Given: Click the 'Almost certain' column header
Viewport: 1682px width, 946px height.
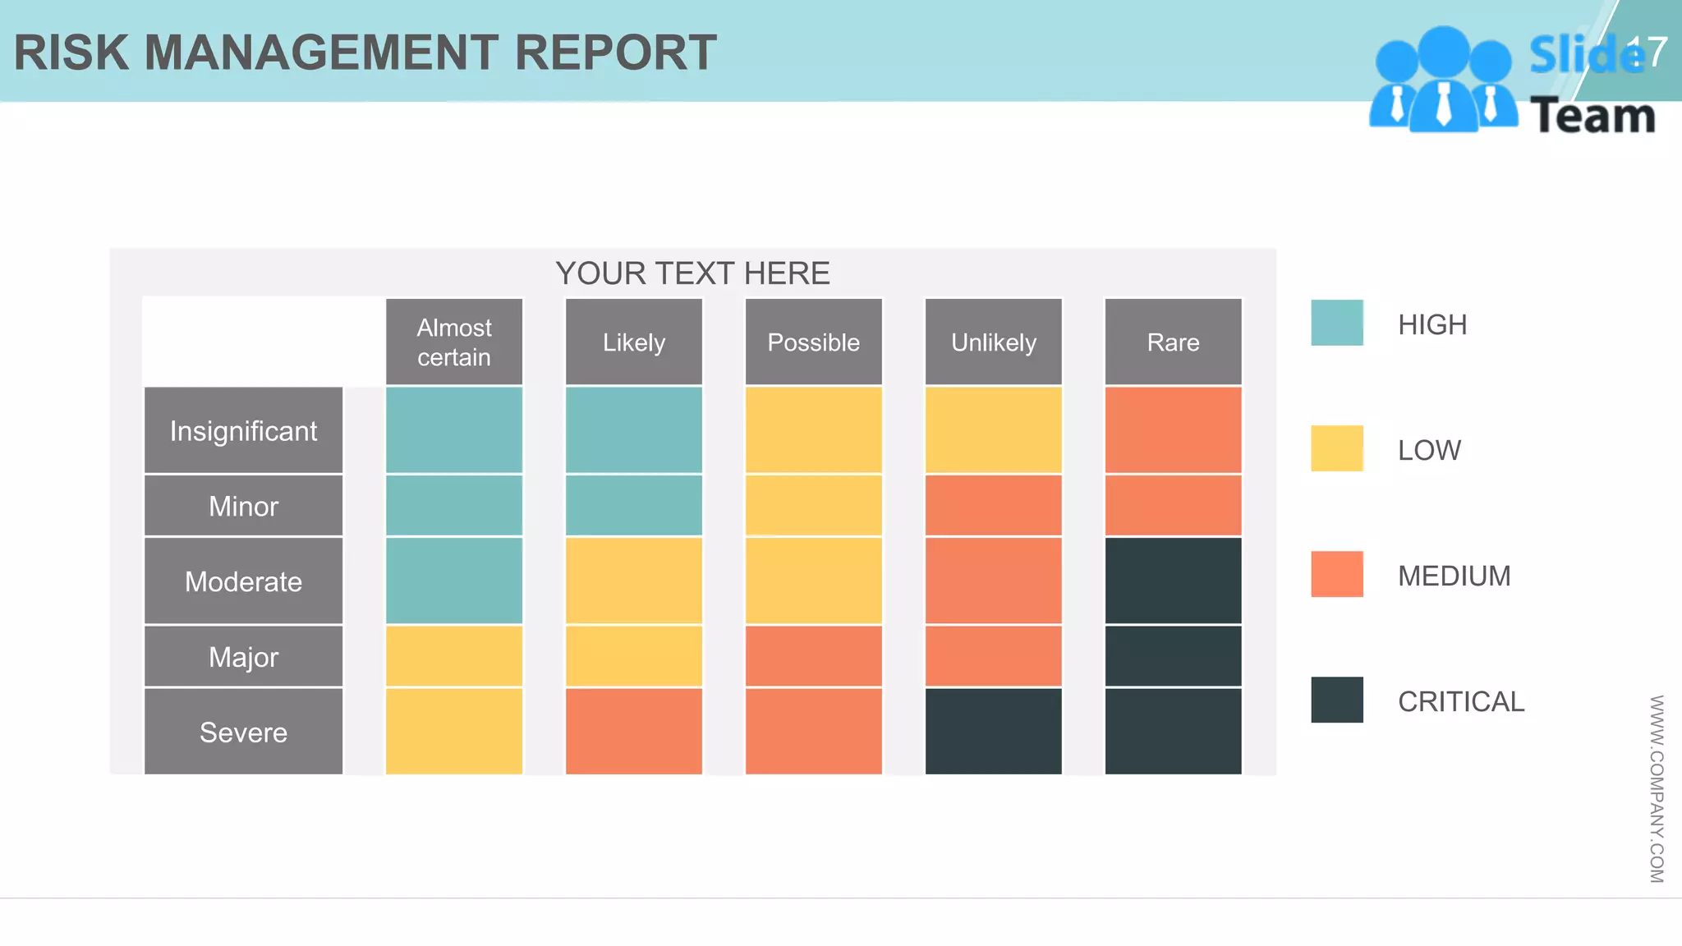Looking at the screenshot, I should tap(453, 342).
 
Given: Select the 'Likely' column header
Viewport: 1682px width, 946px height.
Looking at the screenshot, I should tap(633, 342).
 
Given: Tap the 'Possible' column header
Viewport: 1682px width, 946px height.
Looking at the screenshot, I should tap(813, 342).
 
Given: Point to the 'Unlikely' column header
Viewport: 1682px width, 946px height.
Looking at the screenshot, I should tap(993, 342).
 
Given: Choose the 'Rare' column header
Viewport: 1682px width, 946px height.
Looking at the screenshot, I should tap(1173, 342).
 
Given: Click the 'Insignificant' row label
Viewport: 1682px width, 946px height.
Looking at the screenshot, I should tap(243, 430).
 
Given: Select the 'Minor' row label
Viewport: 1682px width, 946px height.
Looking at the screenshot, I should tap(243, 506).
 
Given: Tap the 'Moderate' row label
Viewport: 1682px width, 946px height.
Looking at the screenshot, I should tap(243, 581).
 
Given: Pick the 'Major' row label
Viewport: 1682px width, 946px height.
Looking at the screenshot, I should tap(243, 657).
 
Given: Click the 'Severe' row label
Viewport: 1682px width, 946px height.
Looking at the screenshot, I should tap(243, 732).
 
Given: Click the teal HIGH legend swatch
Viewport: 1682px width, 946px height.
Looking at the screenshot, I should tap(1336, 323).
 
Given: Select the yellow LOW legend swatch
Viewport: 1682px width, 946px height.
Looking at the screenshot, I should tap(1336, 448).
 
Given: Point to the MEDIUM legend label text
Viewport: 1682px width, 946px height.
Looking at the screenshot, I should tap(1454, 576).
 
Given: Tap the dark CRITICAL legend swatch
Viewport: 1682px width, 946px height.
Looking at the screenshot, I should tap(1336, 700).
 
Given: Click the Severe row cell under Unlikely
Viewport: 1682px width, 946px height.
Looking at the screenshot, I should tap(993, 731).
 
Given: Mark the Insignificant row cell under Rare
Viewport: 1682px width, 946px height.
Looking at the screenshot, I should tap(1173, 429).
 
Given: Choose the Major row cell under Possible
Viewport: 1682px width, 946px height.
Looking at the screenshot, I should tap(813, 656).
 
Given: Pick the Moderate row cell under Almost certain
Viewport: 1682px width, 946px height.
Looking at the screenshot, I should tap(453, 581).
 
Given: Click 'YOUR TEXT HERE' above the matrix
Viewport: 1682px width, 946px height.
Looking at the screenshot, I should tap(692, 273).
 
